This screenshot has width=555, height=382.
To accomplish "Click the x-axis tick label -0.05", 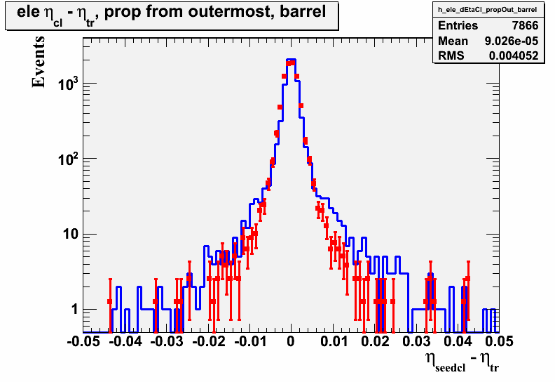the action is coord(83,341).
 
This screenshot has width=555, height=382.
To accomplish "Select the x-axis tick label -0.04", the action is coord(125,341).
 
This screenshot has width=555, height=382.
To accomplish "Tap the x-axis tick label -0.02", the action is coord(209,341).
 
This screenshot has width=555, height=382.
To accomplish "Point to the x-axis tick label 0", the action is coord(291,341).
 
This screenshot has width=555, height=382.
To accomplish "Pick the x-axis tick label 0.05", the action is coord(499,341).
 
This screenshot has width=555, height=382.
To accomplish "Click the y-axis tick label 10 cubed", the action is coord(68,84).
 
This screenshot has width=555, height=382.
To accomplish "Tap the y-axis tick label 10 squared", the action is coord(68,159).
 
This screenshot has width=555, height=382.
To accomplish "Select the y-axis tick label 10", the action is coord(70,235).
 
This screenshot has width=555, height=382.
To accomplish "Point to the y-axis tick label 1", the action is coord(74,310).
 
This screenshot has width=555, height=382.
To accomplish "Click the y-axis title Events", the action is coord(39,61).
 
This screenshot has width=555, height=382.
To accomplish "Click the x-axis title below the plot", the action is coord(463,362).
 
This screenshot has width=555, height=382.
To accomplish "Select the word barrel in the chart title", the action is coord(303,12).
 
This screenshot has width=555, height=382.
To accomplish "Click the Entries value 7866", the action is coord(525,25).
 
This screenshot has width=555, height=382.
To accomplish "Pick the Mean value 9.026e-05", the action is coord(512,41).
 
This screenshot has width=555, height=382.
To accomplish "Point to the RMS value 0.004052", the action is coord(514,55).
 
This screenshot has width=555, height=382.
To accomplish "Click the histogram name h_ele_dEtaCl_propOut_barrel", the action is coord(488,10).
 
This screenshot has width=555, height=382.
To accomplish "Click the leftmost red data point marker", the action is coord(110,302).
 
